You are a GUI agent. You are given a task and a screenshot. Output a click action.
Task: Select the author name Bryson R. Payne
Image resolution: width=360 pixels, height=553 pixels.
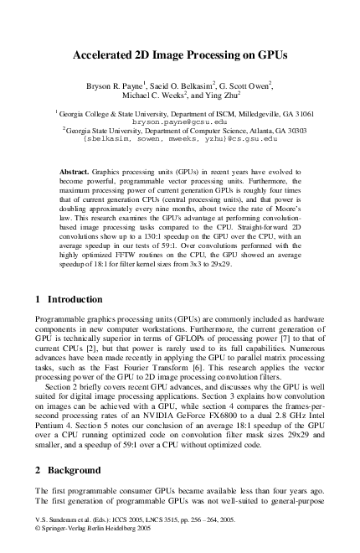[x=119, y=85]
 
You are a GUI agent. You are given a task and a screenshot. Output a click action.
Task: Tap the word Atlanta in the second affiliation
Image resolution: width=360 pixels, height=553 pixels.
[x=255, y=131]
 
